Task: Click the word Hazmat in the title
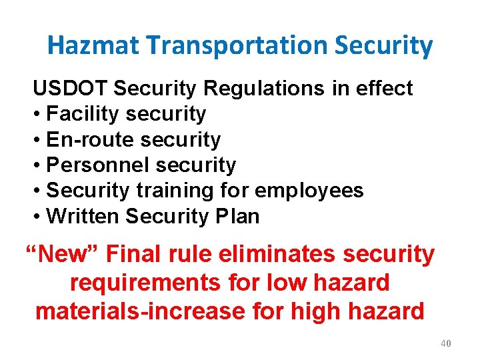coord(94,46)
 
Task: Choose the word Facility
coord(83,114)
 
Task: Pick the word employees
coord(309,191)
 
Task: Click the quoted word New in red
coord(62,254)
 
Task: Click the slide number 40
coord(446,343)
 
